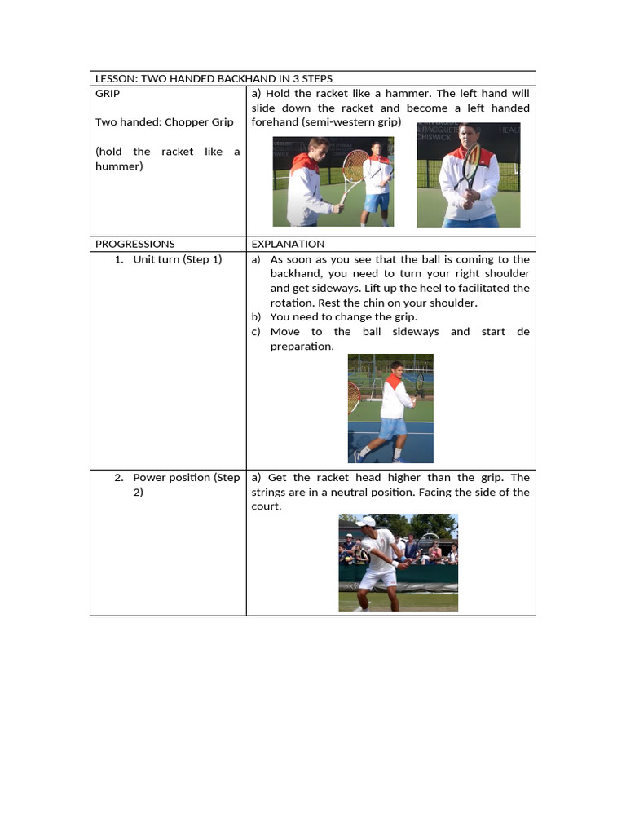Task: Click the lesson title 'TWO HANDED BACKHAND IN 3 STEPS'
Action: click(x=236, y=78)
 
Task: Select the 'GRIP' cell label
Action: click(x=108, y=93)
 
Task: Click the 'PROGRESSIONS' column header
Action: click(x=134, y=244)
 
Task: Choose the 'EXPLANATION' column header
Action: click(x=288, y=244)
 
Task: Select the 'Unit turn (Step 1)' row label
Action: click(x=177, y=259)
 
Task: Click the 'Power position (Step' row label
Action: click(x=186, y=478)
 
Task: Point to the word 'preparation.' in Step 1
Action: click(x=302, y=347)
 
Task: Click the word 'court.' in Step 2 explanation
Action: click(x=267, y=507)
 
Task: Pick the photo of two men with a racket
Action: click(x=333, y=181)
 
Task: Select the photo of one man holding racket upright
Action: click(x=468, y=175)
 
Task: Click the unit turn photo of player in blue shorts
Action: click(x=390, y=409)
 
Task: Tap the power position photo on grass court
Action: click(x=398, y=563)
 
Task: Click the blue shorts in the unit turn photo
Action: click(x=393, y=427)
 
